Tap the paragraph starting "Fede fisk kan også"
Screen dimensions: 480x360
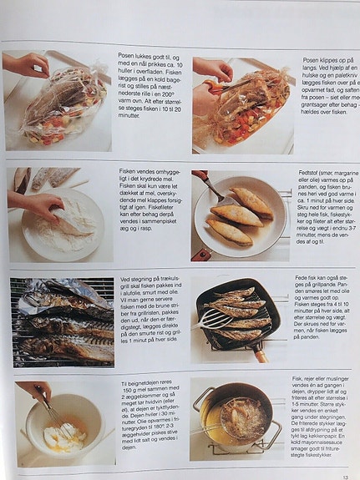(x=322, y=312)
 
